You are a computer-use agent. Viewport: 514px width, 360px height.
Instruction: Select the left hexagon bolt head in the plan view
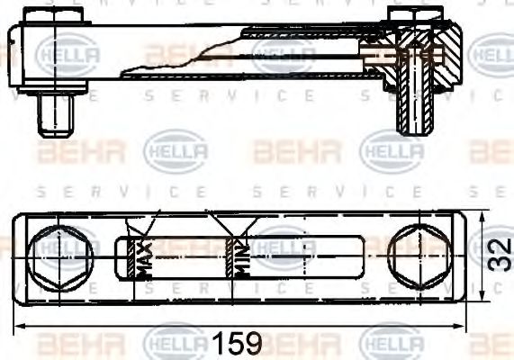point(60,256)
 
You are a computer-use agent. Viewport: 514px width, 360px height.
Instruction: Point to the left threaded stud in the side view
point(57,114)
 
